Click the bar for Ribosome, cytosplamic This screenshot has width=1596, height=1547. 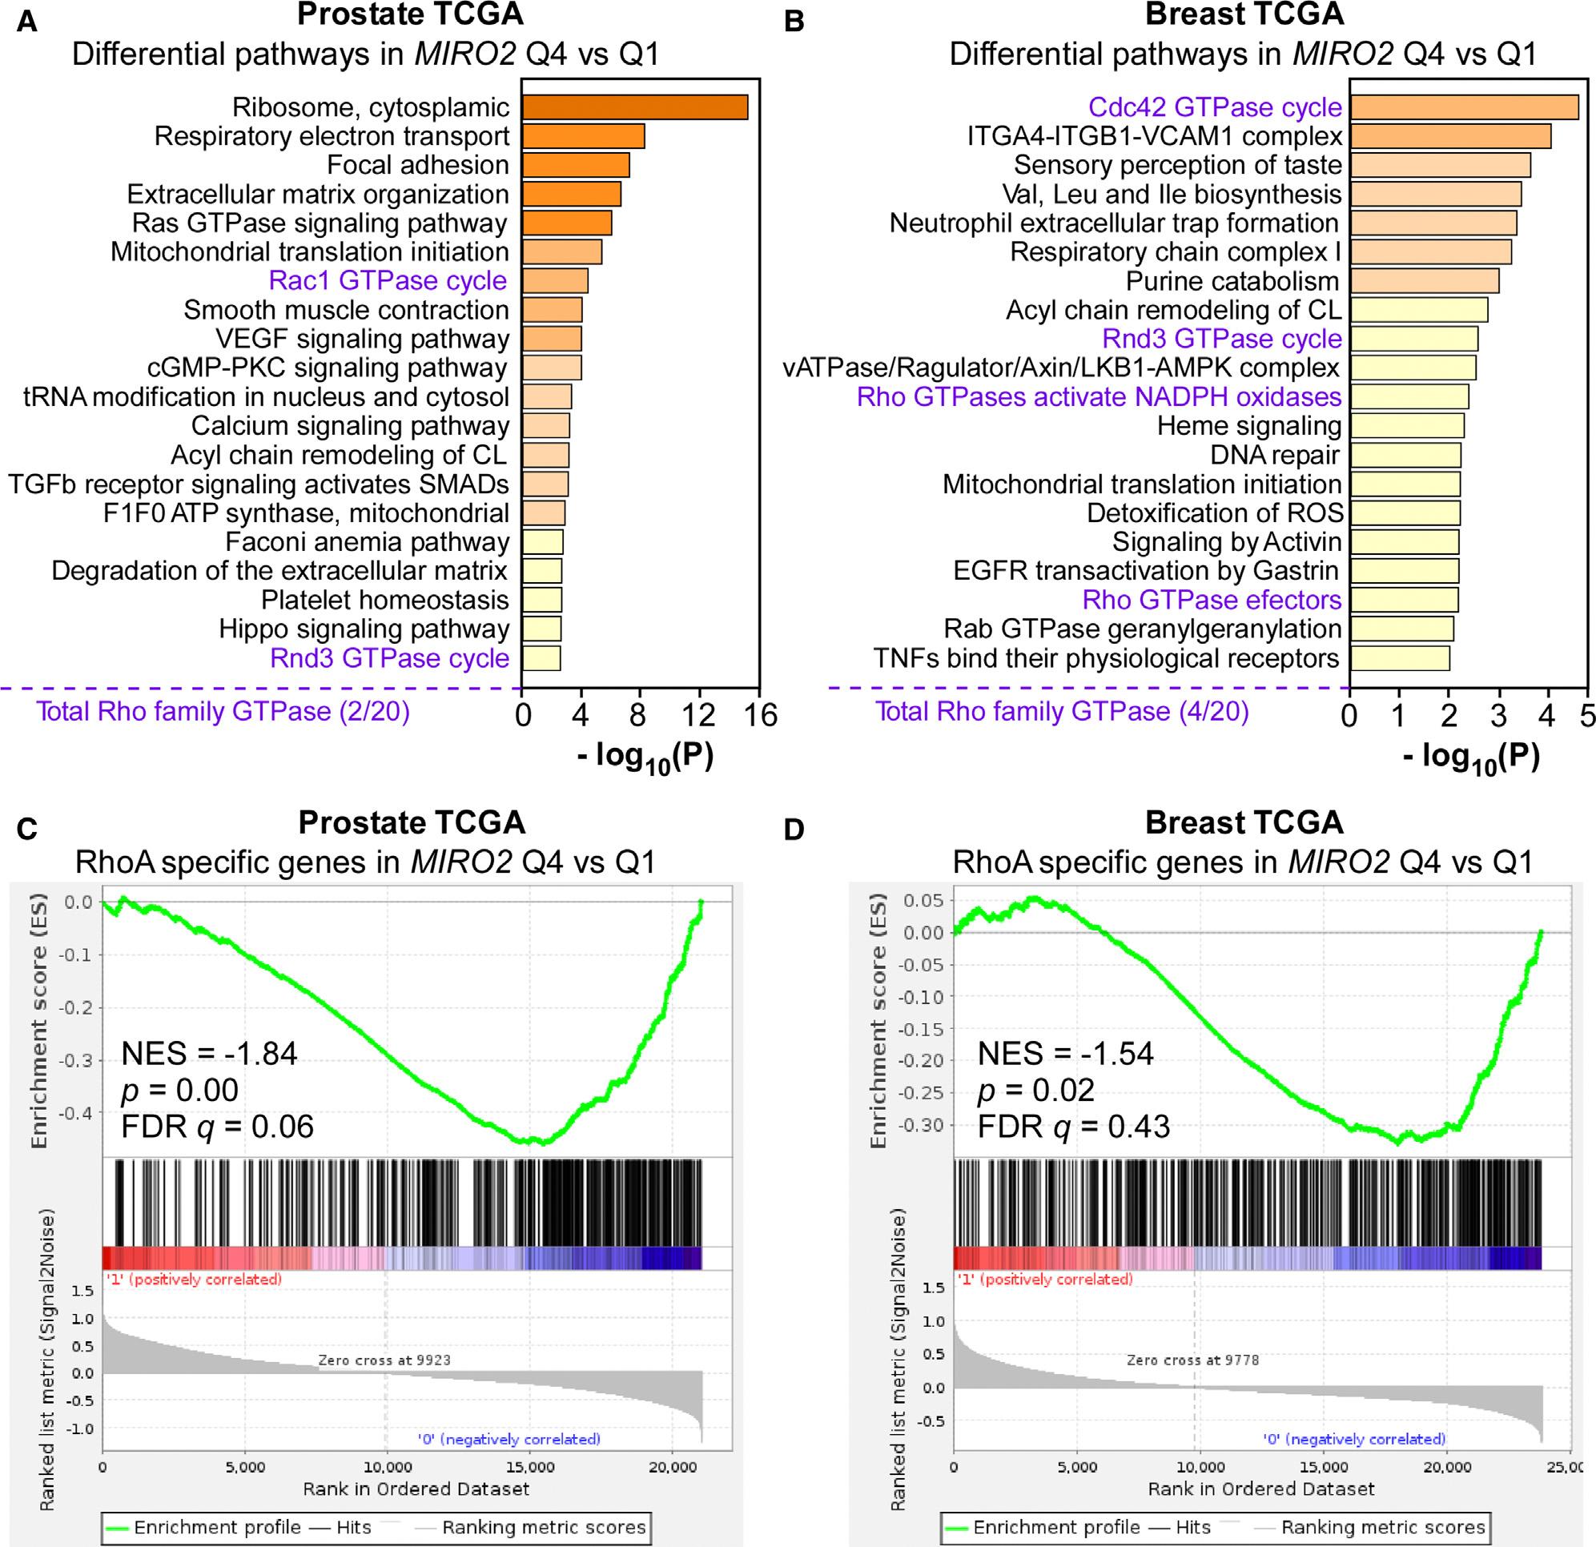(634, 107)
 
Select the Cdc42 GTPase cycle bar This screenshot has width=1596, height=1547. (1463, 107)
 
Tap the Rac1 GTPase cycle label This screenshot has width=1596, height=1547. (388, 281)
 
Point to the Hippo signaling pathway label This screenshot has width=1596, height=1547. (364, 629)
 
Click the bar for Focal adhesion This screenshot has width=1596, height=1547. (575, 165)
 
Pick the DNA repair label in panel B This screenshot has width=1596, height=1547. (1274, 455)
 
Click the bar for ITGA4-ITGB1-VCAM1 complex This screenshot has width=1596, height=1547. (1449, 136)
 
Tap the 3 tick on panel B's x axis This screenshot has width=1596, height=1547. (1498, 715)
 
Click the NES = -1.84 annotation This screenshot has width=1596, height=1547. (209, 1054)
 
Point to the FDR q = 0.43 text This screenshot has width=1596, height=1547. (1073, 1127)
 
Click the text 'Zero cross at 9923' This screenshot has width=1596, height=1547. (384, 1360)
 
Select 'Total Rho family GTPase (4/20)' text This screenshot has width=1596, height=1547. (1062, 712)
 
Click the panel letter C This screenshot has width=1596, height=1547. (27, 829)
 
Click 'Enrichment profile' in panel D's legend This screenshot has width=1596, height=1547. (1056, 1528)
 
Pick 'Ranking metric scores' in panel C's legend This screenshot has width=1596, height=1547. (543, 1528)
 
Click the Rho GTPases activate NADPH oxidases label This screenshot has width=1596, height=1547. (1099, 397)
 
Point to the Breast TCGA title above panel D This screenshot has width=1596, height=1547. (1244, 822)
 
